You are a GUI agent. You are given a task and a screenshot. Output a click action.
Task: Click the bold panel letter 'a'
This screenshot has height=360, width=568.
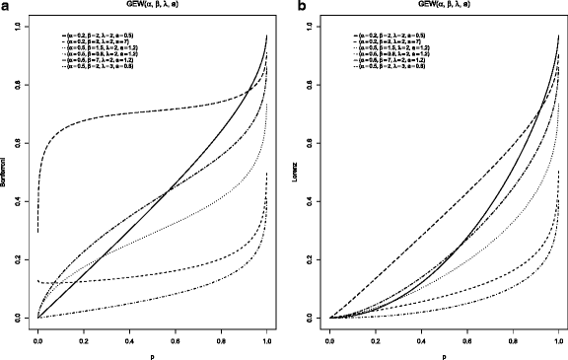(x=5, y=7)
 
